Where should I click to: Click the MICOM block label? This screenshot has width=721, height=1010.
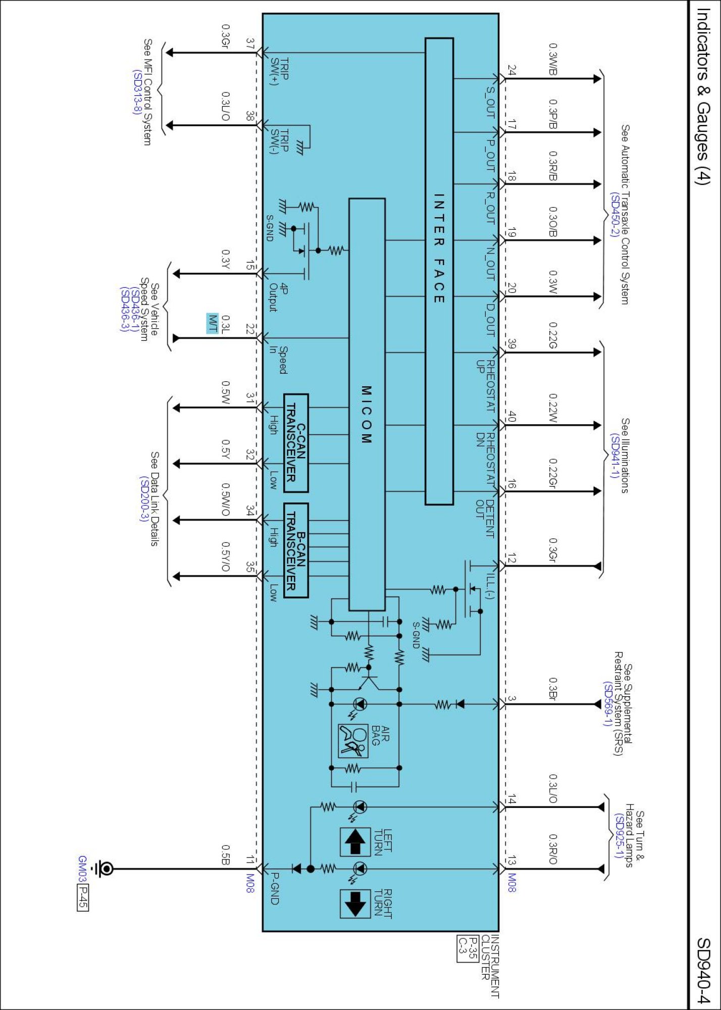point(367,415)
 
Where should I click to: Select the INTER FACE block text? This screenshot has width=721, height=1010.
point(439,248)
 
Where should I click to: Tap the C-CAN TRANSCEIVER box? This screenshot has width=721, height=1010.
point(296,442)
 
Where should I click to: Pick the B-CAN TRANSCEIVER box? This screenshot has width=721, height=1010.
point(296,550)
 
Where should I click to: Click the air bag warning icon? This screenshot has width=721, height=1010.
point(353,741)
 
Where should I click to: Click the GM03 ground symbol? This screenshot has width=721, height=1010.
point(106,869)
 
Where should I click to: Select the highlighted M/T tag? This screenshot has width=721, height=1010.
point(213,323)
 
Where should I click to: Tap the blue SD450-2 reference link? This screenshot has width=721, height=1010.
point(614,215)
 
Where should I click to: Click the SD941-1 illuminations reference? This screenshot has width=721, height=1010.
point(614,455)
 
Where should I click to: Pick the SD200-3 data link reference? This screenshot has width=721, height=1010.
point(144,499)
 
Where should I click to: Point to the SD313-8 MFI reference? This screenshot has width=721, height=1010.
point(136,91)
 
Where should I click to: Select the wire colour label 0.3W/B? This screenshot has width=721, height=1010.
point(553,60)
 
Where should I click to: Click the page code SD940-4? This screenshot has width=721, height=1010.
point(703,970)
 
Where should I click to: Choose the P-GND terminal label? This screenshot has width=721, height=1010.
point(275,888)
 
